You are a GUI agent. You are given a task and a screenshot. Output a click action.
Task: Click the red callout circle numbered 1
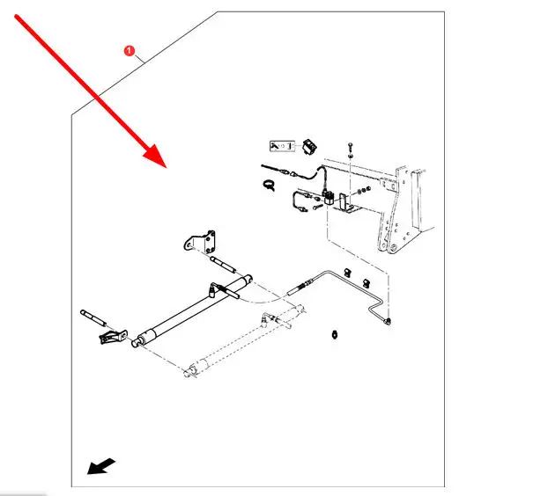[130, 52]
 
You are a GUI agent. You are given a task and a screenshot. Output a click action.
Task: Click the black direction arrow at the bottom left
[100, 465]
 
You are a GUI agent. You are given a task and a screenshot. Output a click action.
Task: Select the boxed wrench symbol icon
[282, 144]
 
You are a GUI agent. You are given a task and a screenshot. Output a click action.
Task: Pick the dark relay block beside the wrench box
[309, 147]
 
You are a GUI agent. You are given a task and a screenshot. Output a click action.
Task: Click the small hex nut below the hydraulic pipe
[335, 333]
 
